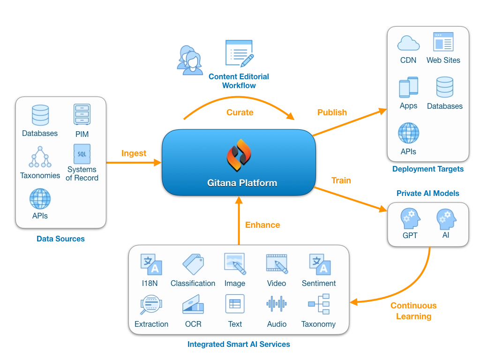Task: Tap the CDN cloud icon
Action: click(x=408, y=44)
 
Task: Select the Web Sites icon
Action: click(x=443, y=42)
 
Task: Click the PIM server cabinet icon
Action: click(x=82, y=114)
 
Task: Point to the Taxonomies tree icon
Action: click(x=40, y=157)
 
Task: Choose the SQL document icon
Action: click(x=82, y=154)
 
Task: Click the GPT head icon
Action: click(x=410, y=219)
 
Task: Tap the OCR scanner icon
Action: click(x=193, y=305)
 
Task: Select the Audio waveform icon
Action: click(x=277, y=304)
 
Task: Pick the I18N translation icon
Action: click(x=151, y=264)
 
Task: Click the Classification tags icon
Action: click(x=193, y=264)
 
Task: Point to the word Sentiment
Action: click(x=319, y=283)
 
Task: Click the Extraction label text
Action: click(x=151, y=324)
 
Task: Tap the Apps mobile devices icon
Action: click(x=408, y=88)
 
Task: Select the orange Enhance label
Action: click(x=262, y=225)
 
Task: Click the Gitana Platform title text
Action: click(x=242, y=183)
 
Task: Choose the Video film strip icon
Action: click(x=277, y=264)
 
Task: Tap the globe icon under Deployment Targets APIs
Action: click(x=408, y=133)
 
